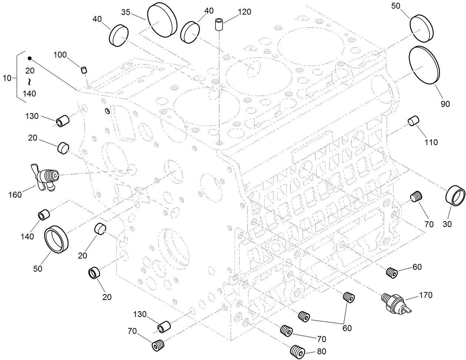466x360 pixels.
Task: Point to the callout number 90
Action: (445, 104)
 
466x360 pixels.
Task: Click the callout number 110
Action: (431, 142)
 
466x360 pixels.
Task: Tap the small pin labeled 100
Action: (84, 70)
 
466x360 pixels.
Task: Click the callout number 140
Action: (27, 236)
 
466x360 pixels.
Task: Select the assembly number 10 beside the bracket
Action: (7, 78)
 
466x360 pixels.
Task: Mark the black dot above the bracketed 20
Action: (29, 58)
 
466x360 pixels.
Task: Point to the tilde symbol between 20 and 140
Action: (29, 81)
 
